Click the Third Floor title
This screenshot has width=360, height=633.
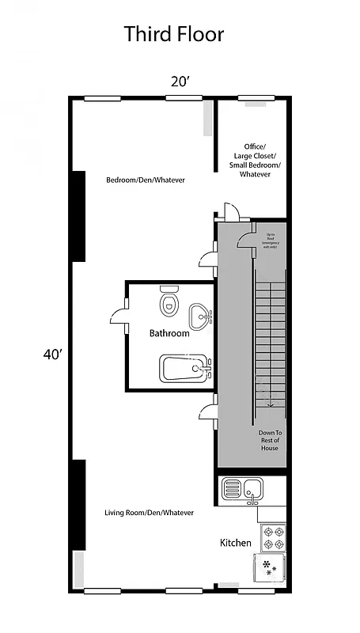[173, 34]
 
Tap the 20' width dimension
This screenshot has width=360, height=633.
[180, 81]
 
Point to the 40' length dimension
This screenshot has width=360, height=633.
[52, 354]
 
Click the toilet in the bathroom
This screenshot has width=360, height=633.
[169, 301]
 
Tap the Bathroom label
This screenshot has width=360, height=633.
[169, 334]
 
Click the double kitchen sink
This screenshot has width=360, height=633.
[244, 488]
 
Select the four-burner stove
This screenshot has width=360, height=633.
[272, 538]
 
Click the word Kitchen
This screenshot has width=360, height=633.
[235, 543]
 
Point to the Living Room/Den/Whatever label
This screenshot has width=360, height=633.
[149, 513]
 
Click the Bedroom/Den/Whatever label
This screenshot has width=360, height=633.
[146, 180]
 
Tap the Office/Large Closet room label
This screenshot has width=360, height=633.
[255, 160]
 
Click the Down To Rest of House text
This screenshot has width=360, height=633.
[270, 440]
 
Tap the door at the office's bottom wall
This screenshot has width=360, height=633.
[230, 212]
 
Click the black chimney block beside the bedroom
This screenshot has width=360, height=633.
[78, 216]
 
